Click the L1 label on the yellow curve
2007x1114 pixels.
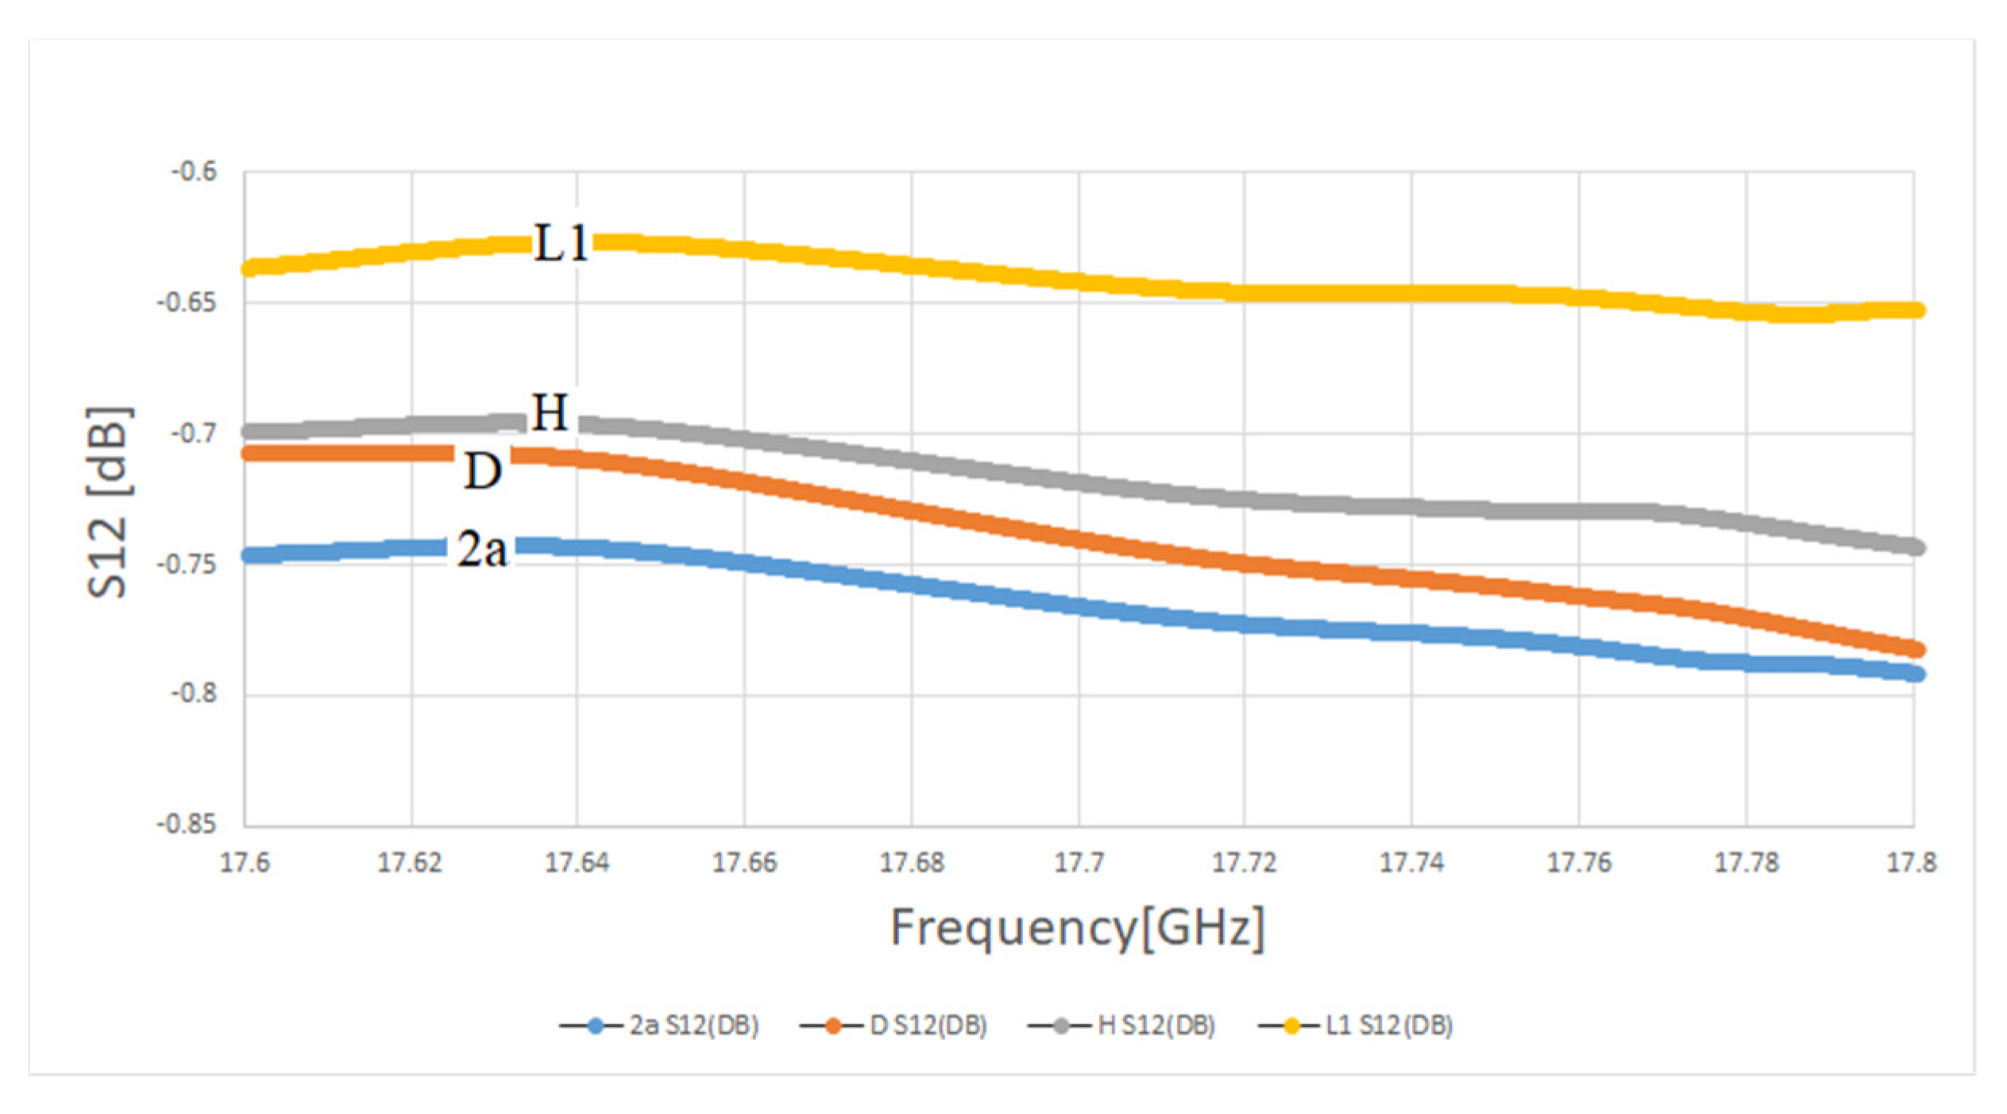point(561,243)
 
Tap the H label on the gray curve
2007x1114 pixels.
point(550,412)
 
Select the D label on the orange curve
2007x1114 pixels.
point(482,471)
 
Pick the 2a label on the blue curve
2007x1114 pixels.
point(481,548)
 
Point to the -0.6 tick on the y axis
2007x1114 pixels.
point(193,172)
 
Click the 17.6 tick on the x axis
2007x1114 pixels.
point(245,863)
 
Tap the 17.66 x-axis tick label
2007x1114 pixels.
point(744,863)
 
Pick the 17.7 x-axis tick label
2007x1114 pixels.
point(1079,863)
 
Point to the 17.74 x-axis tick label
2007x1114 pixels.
point(1411,863)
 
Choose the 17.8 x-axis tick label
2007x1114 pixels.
point(1911,863)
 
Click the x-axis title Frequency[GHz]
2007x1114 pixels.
point(1078,928)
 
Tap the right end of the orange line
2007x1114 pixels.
point(1914,649)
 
